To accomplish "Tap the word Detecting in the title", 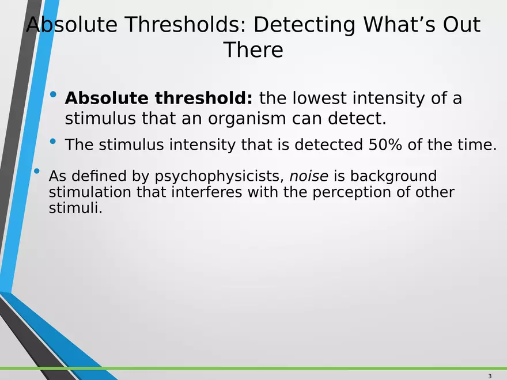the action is [305, 25].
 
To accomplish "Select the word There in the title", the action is [253, 50].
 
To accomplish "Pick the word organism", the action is [247, 118].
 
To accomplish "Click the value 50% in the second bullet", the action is [385, 144].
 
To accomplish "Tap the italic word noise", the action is [309, 176].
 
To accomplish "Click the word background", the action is [393, 176].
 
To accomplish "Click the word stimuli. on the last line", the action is [75, 207].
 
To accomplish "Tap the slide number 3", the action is [490, 376].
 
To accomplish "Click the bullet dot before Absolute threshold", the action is [53, 94].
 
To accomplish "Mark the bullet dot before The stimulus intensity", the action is [53, 141].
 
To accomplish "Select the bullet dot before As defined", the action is [36, 171].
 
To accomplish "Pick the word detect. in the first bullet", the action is [357, 118].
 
